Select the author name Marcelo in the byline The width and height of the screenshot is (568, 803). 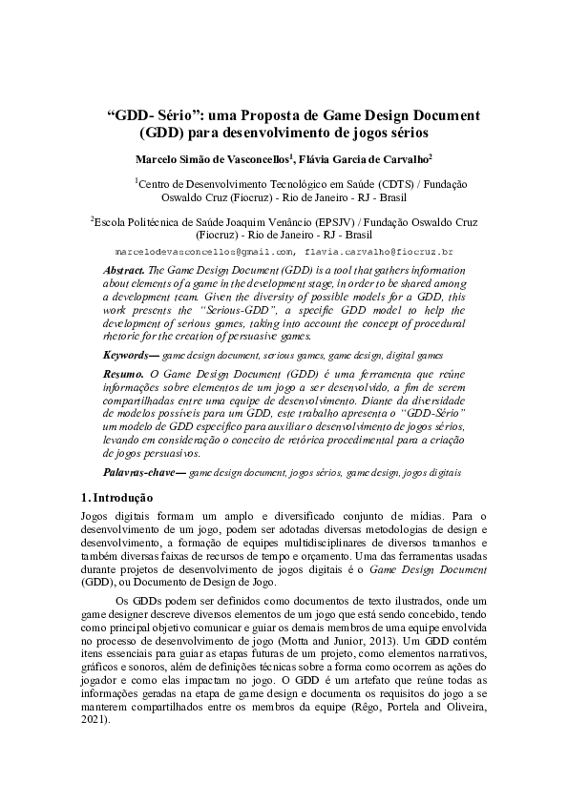pos(158,159)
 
